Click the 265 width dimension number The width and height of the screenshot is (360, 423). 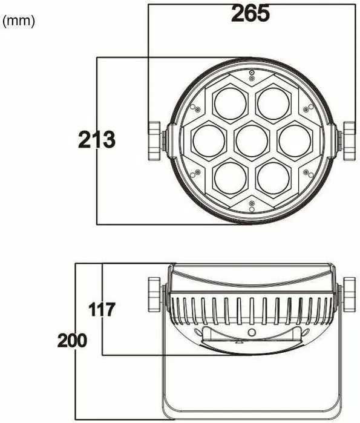pyautogui.click(x=250, y=13)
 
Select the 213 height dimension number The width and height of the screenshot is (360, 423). pyautogui.click(x=96, y=140)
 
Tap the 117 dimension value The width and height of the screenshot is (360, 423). pyautogui.click(x=102, y=310)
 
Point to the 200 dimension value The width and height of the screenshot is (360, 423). pyautogui.click(x=72, y=340)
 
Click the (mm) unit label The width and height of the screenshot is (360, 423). pyautogui.click(x=19, y=21)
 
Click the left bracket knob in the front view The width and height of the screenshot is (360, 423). pyautogui.click(x=155, y=140)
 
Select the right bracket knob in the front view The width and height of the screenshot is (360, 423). pyautogui.click(x=350, y=140)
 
